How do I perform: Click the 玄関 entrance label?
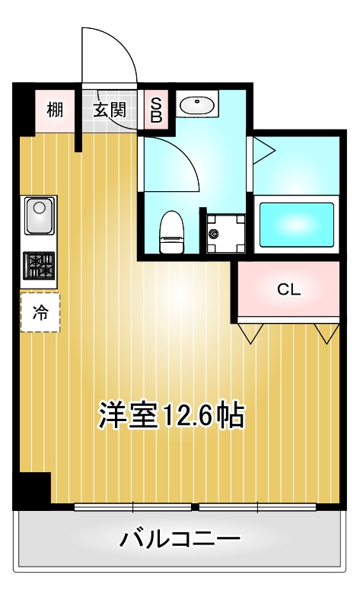pyautogui.click(x=110, y=110)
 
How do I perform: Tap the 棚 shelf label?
pyautogui.click(x=55, y=110)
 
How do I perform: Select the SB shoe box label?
pyautogui.click(x=157, y=110)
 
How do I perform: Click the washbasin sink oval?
pyautogui.click(x=196, y=105)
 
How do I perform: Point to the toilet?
pyautogui.click(x=172, y=231)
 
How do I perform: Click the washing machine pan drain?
pyautogui.click(x=214, y=233)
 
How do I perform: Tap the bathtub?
pyautogui.click(x=297, y=224)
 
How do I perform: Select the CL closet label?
pyautogui.click(x=289, y=290)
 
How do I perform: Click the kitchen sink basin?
pyautogui.click(x=40, y=215)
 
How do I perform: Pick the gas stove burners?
pyautogui.click(x=39, y=265)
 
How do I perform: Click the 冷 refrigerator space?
pyautogui.click(x=40, y=312)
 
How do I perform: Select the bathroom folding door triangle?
pyautogui.click(x=263, y=151)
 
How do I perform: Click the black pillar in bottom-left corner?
pyautogui.click(x=32, y=490)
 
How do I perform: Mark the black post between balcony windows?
pyautogui.click(x=195, y=507)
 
